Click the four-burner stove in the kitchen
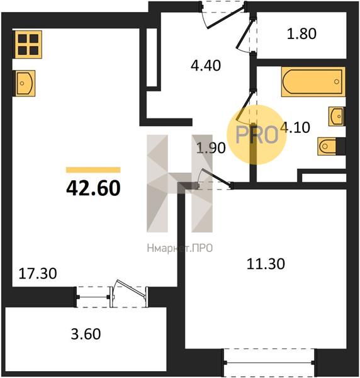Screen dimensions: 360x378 (27, 44)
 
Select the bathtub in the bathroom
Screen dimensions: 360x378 (313, 82)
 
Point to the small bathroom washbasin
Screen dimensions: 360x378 (337, 117)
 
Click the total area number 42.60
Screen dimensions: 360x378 (93, 188)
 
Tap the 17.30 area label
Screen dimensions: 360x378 (38, 273)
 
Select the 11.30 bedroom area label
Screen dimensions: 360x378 (266, 263)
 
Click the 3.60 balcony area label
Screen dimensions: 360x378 (86, 334)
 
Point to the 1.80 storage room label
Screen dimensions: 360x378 (301, 33)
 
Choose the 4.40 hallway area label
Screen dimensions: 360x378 (206, 66)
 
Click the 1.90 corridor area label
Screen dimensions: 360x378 (211, 148)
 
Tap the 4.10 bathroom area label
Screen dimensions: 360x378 (295, 127)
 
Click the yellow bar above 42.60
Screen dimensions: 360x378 (93, 170)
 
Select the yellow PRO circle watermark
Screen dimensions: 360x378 (257, 135)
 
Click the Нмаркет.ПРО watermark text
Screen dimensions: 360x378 (179, 248)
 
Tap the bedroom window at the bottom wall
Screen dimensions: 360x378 (269, 362)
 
